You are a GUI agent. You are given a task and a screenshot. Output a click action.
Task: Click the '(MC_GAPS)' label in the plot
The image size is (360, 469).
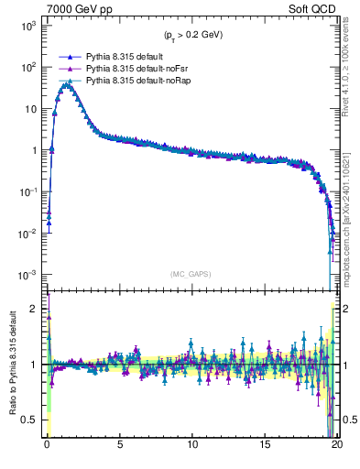pyautogui.click(x=191, y=274)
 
